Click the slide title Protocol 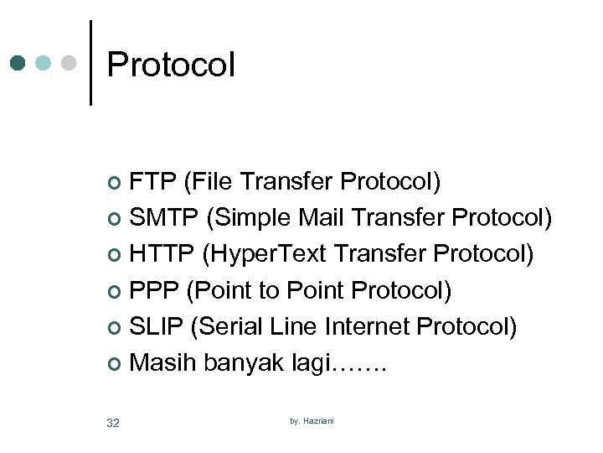tap(171, 65)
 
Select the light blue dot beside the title tap(44, 63)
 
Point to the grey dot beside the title tap(69, 63)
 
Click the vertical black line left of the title tap(90, 63)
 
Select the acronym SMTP tap(164, 218)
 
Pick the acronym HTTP tap(162, 254)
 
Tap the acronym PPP tap(155, 290)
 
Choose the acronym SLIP tap(157, 326)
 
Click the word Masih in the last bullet tap(161, 362)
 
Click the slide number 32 tap(113, 423)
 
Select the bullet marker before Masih tap(116, 364)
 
